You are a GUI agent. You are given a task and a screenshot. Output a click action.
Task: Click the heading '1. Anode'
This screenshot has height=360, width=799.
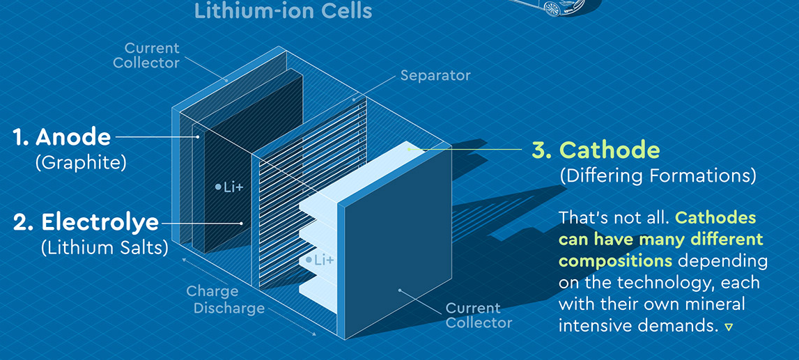62,136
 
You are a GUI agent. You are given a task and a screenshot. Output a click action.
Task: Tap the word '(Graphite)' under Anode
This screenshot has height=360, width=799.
80,163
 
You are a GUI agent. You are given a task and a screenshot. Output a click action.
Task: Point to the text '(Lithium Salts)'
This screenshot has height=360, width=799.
104,247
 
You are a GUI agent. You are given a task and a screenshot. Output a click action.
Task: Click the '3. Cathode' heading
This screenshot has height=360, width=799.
595,149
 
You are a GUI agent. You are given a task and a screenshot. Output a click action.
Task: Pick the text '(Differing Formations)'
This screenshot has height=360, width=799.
658,176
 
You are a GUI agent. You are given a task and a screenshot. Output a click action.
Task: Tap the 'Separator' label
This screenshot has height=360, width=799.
435,75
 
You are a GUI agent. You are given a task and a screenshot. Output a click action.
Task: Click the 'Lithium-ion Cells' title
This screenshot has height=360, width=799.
283,11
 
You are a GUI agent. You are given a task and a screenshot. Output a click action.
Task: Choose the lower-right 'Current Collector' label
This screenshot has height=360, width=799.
479,315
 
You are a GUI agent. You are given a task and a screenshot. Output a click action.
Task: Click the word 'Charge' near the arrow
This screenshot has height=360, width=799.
212,292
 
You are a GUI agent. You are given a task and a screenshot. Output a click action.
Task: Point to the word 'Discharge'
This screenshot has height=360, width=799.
229,308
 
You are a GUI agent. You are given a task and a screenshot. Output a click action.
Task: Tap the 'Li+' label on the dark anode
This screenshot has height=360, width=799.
233,187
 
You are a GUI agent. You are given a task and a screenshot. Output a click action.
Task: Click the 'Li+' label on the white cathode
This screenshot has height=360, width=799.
324,260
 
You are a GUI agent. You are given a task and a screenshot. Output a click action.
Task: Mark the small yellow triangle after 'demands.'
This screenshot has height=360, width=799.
729,326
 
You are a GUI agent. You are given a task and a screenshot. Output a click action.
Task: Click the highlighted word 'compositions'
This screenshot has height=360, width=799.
615,261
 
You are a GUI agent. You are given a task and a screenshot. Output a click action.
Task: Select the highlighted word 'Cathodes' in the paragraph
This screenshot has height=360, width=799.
715,217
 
